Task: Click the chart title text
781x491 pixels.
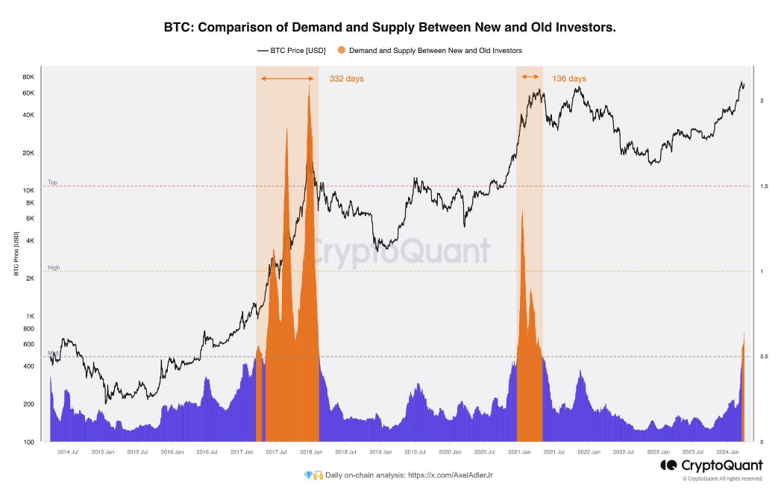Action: (x=390, y=28)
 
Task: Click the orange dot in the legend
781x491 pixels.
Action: (x=342, y=51)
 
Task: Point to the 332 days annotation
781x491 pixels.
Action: (x=346, y=78)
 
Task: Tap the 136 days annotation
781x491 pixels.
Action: (x=569, y=78)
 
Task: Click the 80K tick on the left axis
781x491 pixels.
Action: (x=28, y=78)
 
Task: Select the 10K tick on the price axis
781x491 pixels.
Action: (x=28, y=190)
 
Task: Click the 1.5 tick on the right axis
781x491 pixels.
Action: (x=762, y=186)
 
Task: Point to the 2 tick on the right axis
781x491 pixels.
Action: (x=760, y=100)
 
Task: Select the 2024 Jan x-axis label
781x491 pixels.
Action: (x=728, y=452)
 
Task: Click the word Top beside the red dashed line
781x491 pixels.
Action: (x=52, y=182)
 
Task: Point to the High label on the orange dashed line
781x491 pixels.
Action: (x=54, y=267)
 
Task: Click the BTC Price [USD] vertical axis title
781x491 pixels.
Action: (x=16, y=254)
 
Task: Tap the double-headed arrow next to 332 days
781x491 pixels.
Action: (x=287, y=78)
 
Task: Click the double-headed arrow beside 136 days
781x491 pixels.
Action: (x=530, y=77)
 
